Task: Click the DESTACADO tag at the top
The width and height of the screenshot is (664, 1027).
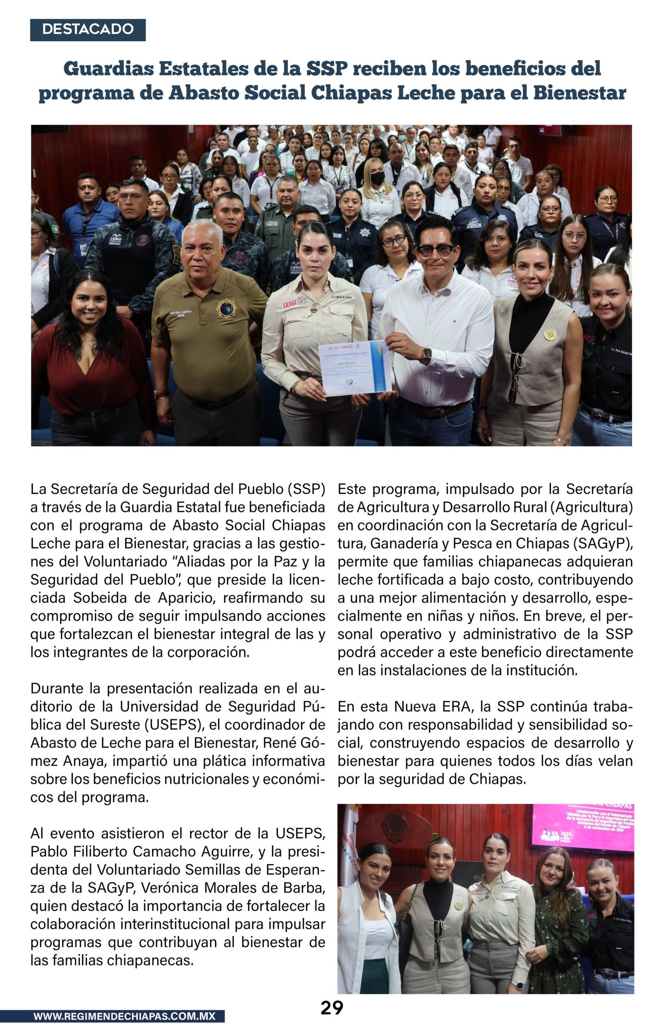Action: [x=88, y=29]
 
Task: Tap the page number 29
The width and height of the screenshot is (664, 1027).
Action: [x=332, y=1007]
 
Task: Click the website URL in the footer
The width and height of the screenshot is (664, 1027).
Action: [x=124, y=1016]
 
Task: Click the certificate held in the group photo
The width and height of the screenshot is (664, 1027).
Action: [x=354, y=368]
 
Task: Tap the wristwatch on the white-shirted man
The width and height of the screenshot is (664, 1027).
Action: [x=426, y=355]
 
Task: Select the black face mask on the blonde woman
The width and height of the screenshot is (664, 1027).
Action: [x=378, y=178]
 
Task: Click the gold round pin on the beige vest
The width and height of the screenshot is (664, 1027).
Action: [x=549, y=334]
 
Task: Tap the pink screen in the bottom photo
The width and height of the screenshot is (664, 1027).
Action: [x=582, y=827]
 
